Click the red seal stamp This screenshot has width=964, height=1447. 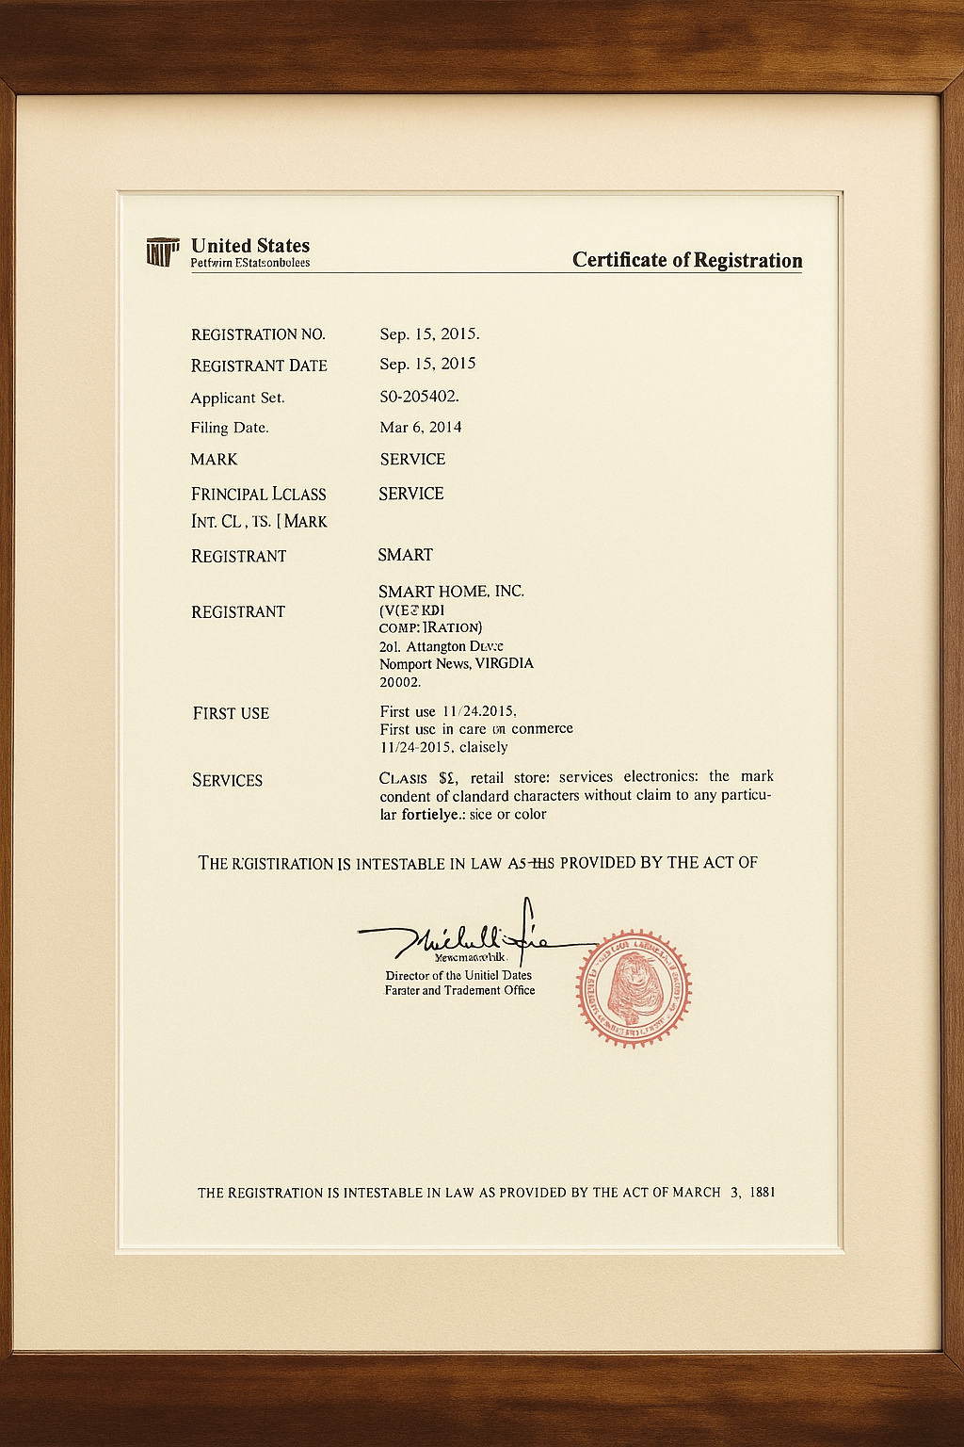pyautogui.click(x=634, y=987)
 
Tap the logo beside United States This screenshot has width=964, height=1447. pyautogui.click(x=163, y=252)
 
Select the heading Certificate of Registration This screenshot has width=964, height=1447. pyautogui.click(x=687, y=260)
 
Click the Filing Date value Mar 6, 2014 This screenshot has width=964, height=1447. pyautogui.click(x=420, y=427)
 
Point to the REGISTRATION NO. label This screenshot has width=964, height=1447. pyautogui.click(x=258, y=334)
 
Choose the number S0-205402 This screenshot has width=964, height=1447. pyautogui.click(x=419, y=396)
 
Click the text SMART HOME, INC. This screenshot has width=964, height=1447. pyautogui.click(x=451, y=592)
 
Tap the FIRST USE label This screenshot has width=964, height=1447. pyautogui.click(x=231, y=713)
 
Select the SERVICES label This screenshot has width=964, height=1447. pyautogui.click(x=227, y=780)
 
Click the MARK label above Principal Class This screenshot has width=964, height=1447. pyautogui.click(x=214, y=459)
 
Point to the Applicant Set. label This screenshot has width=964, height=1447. pyautogui.click(x=237, y=398)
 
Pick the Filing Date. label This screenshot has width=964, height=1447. pyautogui.click(x=230, y=428)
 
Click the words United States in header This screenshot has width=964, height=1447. pyautogui.click(x=249, y=246)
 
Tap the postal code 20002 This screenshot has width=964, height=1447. pyautogui.click(x=400, y=681)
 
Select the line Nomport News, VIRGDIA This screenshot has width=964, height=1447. pyautogui.click(x=456, y=663)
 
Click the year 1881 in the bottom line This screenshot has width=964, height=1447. pyautogui.click(x=763, y=1192)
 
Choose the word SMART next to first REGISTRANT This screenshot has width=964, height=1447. pyautogui.click(x=405, y=555)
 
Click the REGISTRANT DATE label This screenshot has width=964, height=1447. pyautogui.click(x=259, y=366)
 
